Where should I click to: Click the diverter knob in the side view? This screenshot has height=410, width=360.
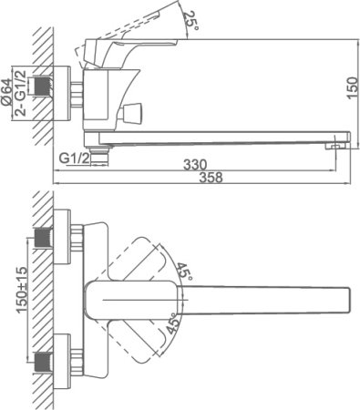click(x=137, y=115)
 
